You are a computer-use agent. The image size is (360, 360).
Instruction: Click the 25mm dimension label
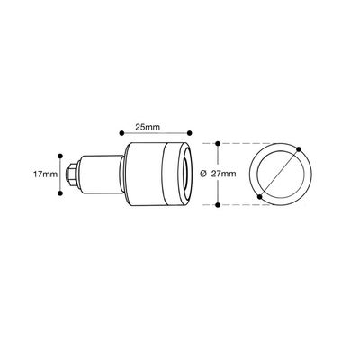pos(148,127)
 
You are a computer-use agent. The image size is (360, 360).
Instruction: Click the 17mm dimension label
pos(45,175)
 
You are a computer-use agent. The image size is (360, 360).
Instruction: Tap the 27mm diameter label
pos(223,174)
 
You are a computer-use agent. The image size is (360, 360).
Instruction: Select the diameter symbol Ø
pos(203,174)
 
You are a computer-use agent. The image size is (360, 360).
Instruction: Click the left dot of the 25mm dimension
pos(121,133)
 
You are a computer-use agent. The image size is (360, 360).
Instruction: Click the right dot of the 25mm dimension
pos(189,133)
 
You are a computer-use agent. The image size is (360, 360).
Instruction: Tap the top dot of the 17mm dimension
pos(60,156)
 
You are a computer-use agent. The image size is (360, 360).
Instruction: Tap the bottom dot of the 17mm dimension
pos(60,193)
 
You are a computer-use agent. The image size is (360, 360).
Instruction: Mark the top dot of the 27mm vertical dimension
pos(218,143)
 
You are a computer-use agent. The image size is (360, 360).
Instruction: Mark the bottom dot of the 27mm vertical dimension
pos(218,205)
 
